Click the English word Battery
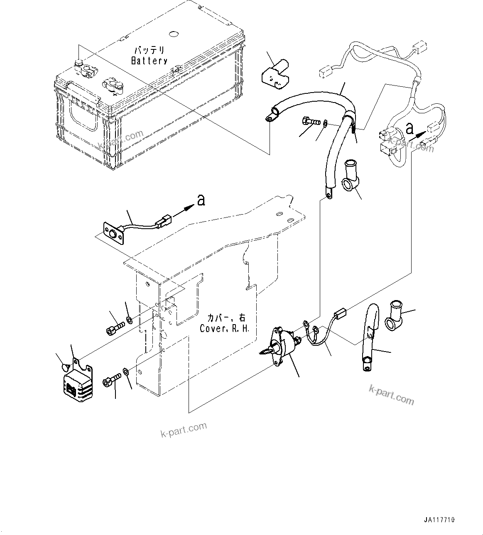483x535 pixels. [149, 61]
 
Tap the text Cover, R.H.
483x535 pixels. [225, 329]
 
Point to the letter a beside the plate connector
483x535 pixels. [201, 200]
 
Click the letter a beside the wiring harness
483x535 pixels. [409, 129]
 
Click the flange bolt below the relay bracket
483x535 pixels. [111, 379]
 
